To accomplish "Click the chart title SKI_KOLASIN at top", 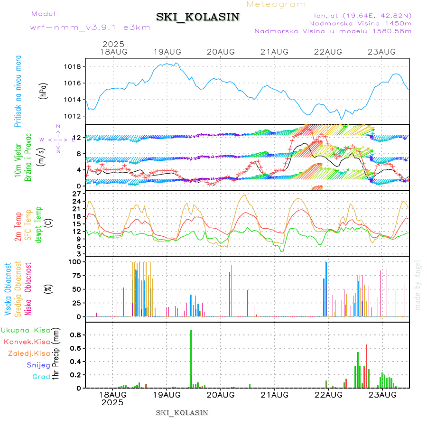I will (198, 17).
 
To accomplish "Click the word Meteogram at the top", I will (277, 4).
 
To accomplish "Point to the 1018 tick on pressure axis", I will (73, 66).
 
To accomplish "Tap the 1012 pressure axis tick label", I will (73, 116).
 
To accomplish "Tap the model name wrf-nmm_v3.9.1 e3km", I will (90, 28).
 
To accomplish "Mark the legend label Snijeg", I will (38, 365).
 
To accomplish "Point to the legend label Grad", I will (41, 377).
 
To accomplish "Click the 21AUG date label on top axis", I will (275, 52).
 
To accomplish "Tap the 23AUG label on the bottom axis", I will (382, 394).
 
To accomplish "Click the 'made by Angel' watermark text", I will (418, 285).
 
